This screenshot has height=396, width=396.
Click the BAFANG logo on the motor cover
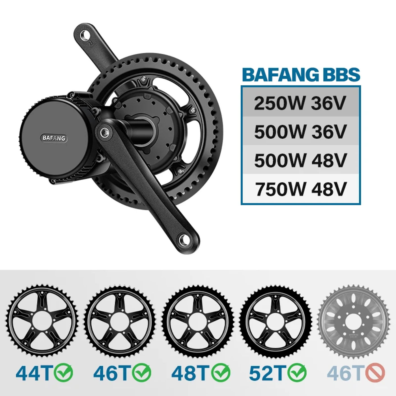pyautogui.click(x=54, y=138)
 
